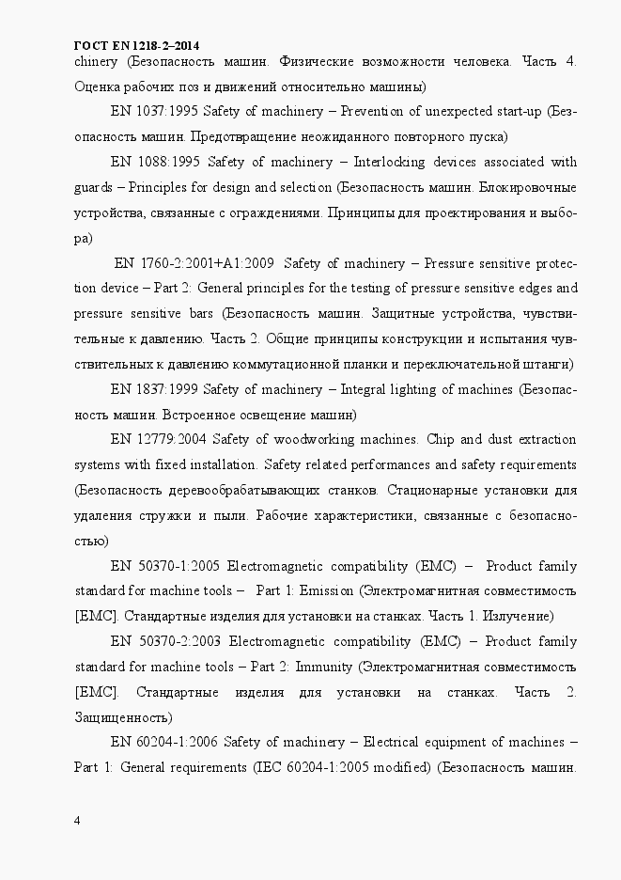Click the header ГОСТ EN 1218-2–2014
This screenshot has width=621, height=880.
point(137,45)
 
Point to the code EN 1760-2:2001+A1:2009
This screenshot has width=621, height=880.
point(194,262)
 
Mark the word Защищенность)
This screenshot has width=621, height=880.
point(121,716)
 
